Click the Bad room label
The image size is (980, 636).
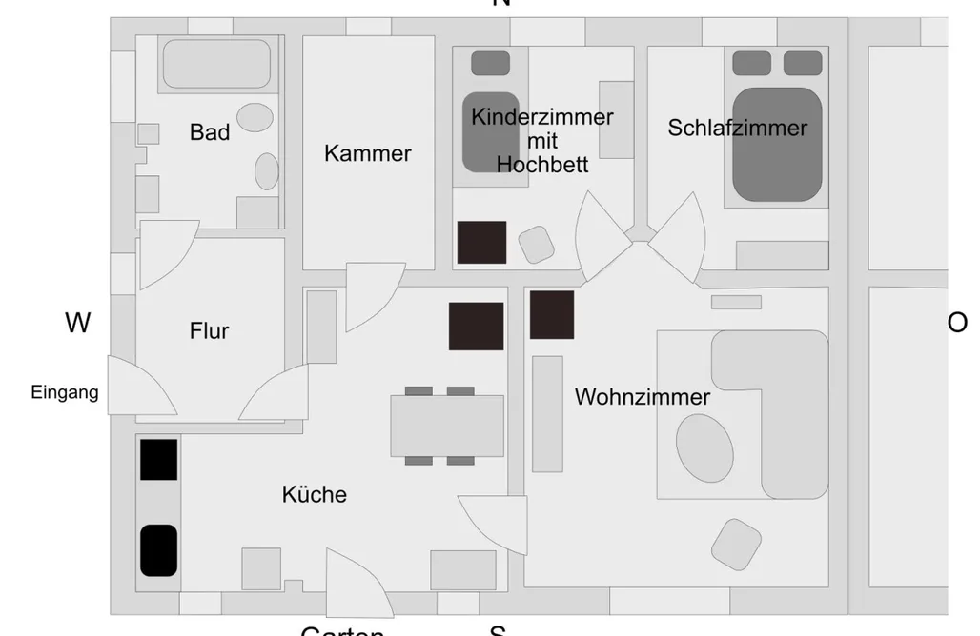pyautogui.click(x=210, y=132)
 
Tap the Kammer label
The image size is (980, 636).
pyautogui.click(x=368, y=153)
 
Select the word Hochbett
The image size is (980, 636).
pyautogui.click(x=542, y=165)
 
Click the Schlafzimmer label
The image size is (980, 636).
pyautogui.click(x=737, y=129)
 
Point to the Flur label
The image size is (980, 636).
pyautogui.click(x=210, y=331)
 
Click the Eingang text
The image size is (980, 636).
pyautogui.click(x=65, y=392)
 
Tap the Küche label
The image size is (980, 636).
pyautogui.click(x=315, y=495)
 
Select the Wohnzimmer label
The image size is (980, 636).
pyautogui.click(x=642, y=397)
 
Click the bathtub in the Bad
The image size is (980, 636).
pyautogui.click(x=216, y=64)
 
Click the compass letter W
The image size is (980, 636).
pyautogui.click(x=78, y=324)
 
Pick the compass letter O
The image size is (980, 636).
pyautogui.click(x=956, y=324)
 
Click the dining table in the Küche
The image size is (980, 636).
pyautogui.click(x=447, y=426)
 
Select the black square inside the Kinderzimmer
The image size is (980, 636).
pyautogui.click(x=481, y=242)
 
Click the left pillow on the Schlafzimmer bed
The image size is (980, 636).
pyautogui.click(x=751, y=63)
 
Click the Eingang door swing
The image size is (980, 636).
pyautogui.click(x=137, y=390)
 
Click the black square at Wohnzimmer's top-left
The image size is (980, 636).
pyautogui.click(x=552, y=315)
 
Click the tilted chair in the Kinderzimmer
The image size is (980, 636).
pyautogui.click(x=537, y=245)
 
